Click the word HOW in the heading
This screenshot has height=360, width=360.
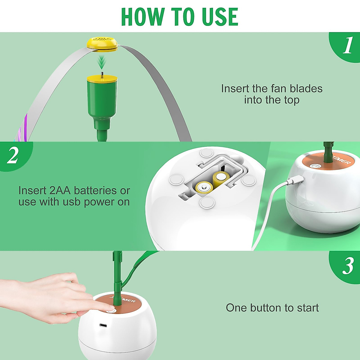point(143,17)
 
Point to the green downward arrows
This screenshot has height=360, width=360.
point(102,63)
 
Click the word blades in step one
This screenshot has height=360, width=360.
point(306,88)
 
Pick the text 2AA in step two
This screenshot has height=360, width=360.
point(60,190)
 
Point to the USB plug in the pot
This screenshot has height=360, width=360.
point(296,180)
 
